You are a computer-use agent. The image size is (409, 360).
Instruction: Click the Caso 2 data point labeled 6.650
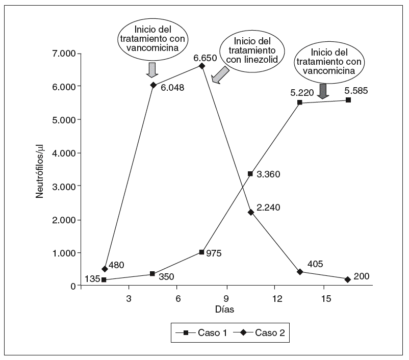pyautogui.click(x=202, y=66)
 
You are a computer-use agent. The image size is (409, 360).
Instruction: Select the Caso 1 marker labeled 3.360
pyautogui.click(x=250, y=174)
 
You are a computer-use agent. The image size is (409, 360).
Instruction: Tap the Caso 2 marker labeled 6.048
pyautogui.click(x=153, y=85)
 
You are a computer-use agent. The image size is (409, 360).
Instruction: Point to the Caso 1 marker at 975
pyautogui.click(x=202, y=252)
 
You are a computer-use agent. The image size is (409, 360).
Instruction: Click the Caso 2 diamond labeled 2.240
pyautogui.click(x=250, y=212)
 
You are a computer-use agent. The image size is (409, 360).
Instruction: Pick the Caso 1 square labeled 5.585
pyautogui.click(x=348, y=100)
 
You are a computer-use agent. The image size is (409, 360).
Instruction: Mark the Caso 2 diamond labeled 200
pyautogui.click(x=348, y=279)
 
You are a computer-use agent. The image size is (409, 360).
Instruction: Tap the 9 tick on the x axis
pyautogui.click(x=226, y=298)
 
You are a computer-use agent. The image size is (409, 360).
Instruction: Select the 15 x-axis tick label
pyautogui.click(x=324, y=298)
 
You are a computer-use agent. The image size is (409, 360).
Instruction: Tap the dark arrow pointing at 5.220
pyautogui.click(x=323, y=91)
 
